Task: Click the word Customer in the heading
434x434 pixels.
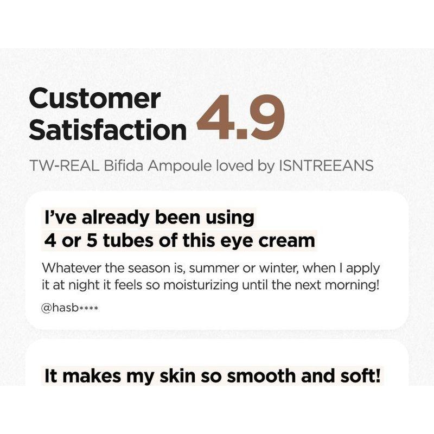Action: click(x=94, y=99)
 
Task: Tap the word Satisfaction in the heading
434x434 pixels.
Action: click(x=107, y=131)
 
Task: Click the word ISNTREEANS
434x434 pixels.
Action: click(x=325, y=165)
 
